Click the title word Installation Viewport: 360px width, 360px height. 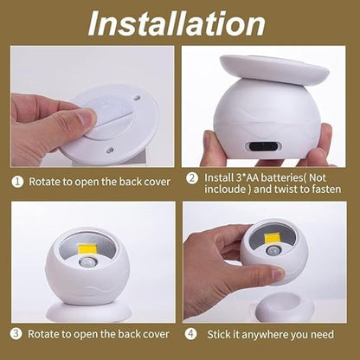(181, 23)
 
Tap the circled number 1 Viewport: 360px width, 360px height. (17, 182)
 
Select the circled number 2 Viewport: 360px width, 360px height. (191, 178)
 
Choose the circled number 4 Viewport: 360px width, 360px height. (191, 332)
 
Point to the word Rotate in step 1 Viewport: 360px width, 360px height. (47, 182)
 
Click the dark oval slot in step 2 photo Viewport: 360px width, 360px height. (260, 145)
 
